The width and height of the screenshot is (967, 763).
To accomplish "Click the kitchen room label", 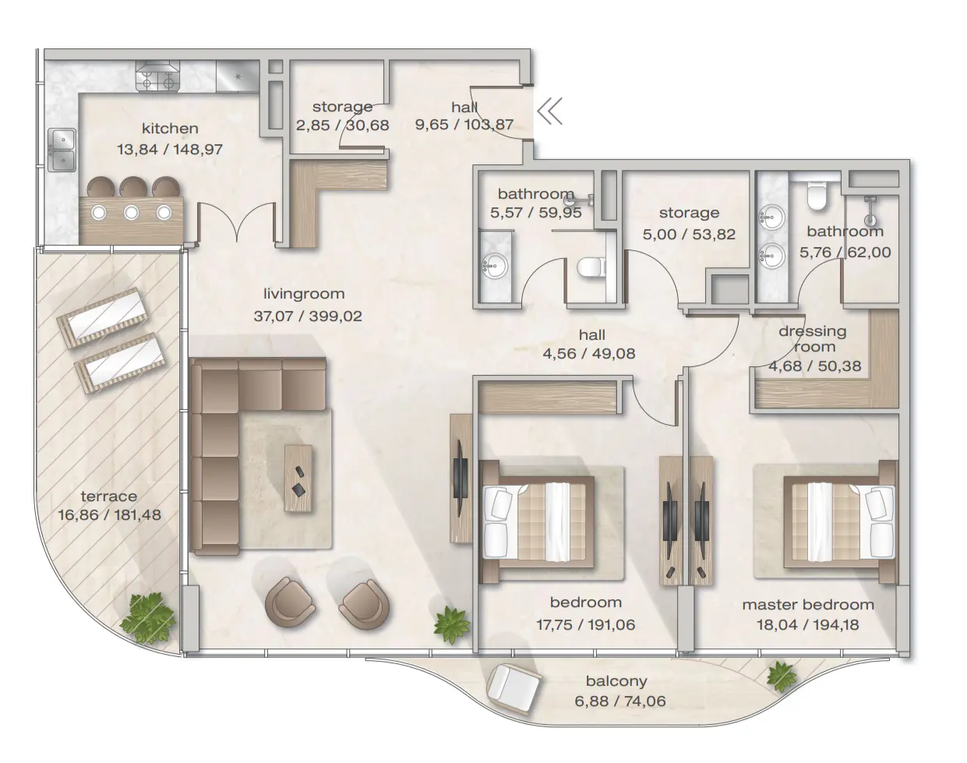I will tap(169, 129).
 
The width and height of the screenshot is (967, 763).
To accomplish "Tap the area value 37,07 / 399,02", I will tap(308, 316).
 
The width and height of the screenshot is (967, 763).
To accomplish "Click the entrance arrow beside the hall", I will tap(549, 112).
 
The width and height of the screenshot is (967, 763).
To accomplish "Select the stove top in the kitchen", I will tap(157, 76).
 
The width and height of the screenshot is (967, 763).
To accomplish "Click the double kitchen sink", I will tap(62, 150).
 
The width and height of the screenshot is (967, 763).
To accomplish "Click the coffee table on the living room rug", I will tap(299, 478).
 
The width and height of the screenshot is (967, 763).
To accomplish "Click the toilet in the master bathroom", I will tap(817, 196).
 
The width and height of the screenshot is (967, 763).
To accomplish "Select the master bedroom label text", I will tap(807, 605).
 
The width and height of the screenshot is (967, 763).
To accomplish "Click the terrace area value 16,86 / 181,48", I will tap(109, 514).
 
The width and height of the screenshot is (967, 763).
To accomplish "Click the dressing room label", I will tap(812, 339).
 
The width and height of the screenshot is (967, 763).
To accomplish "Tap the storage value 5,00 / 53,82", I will tap(689, 234).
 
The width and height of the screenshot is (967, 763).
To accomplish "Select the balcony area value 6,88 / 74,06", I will tap(620, 701).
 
